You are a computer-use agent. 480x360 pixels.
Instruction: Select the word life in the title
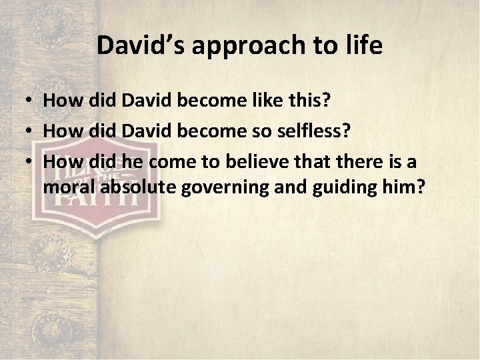[x=363, y=45]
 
